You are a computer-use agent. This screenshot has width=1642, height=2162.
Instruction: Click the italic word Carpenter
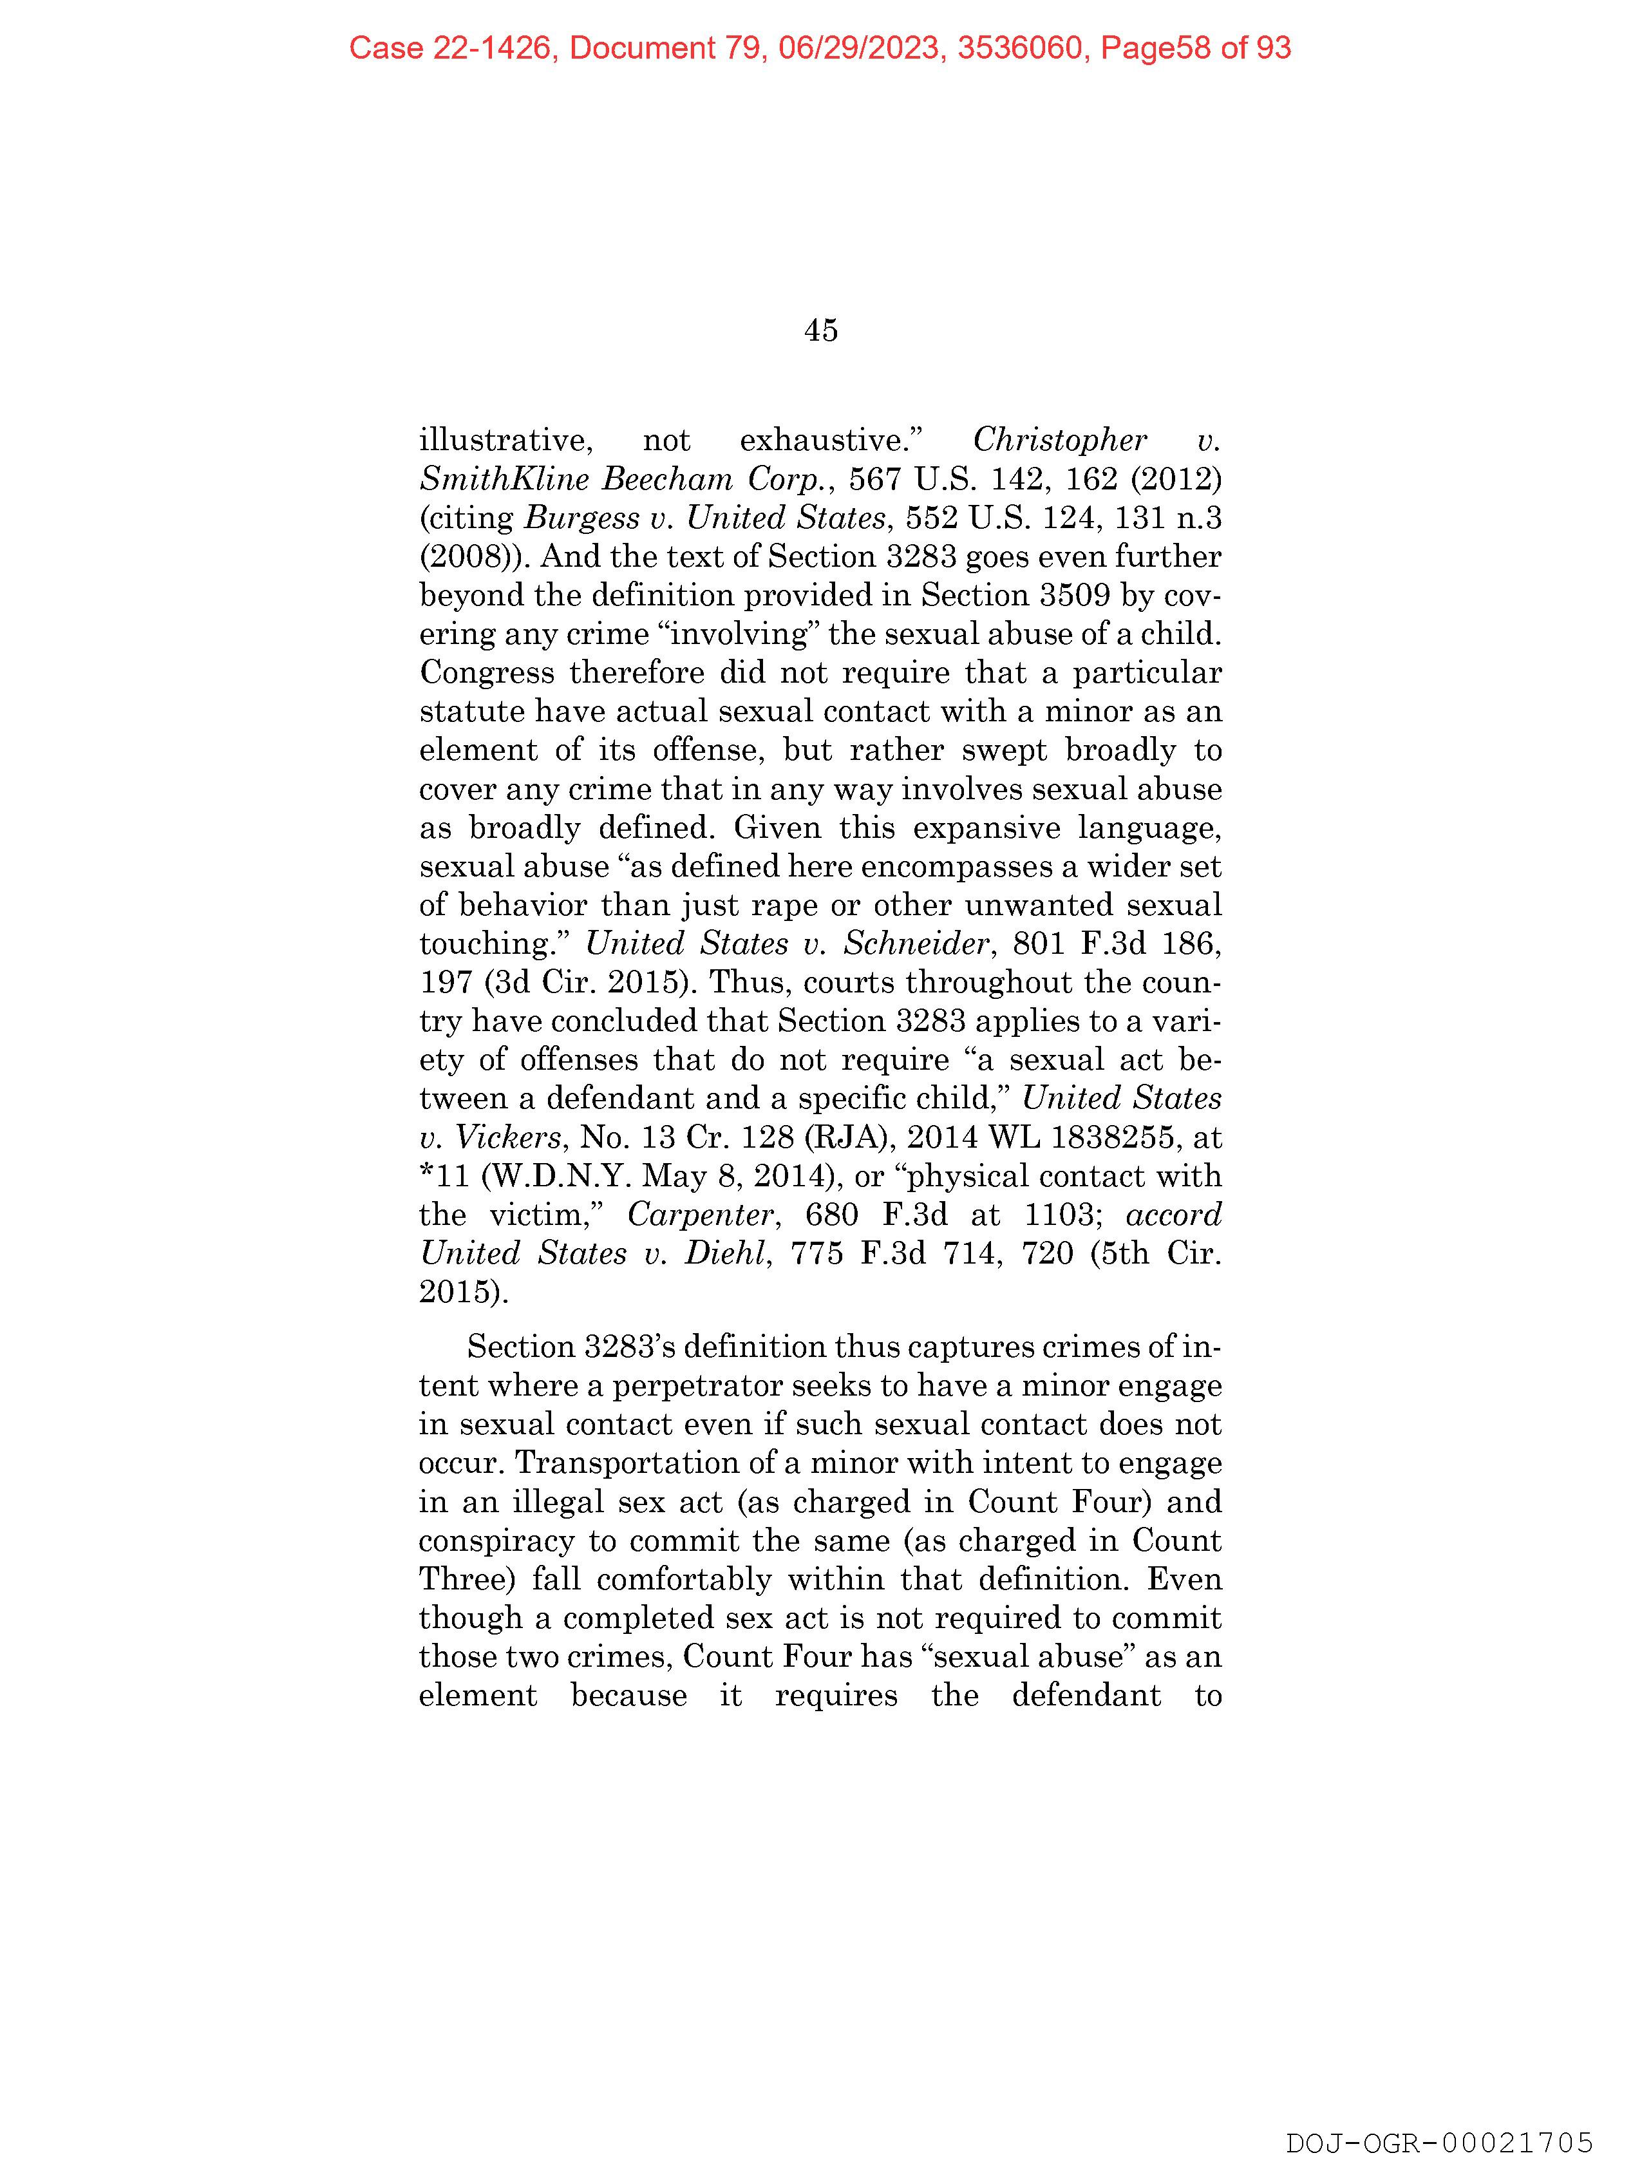[702, 1215]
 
